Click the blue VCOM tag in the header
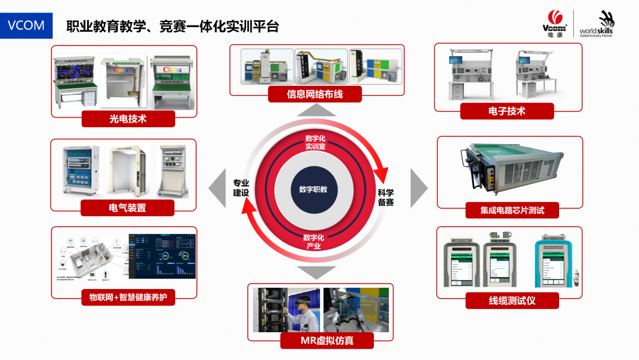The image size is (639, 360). click(26, 26)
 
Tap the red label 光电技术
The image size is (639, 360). click(128, 118)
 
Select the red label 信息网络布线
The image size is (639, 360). click(315, 94)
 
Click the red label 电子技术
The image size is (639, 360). click(507, 111)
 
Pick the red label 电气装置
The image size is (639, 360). click(128, 208)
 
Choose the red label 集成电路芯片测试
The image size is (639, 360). click(512, 210)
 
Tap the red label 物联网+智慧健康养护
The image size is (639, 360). click(128, 297)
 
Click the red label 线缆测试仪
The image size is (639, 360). click(512, 300)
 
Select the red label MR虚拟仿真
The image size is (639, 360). click(319, 340)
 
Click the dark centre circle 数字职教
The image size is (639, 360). click(314, 189)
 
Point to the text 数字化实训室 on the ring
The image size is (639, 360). click(315, 143)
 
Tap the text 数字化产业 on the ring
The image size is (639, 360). click(314, 242)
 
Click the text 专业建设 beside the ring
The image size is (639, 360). click(241, 188)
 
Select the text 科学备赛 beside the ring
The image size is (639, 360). click(386, 197)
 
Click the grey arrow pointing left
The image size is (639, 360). click(217, 189)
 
